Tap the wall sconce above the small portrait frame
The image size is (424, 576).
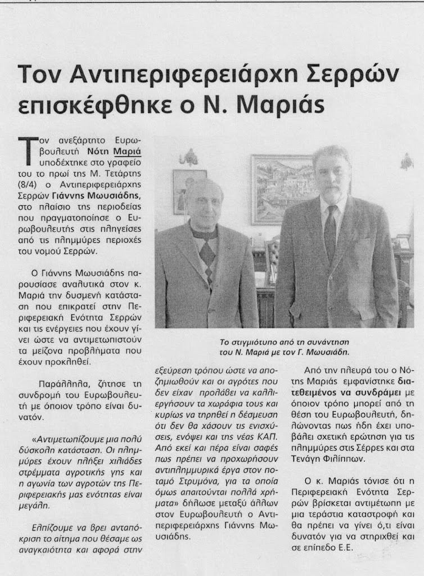coord(189,157)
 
